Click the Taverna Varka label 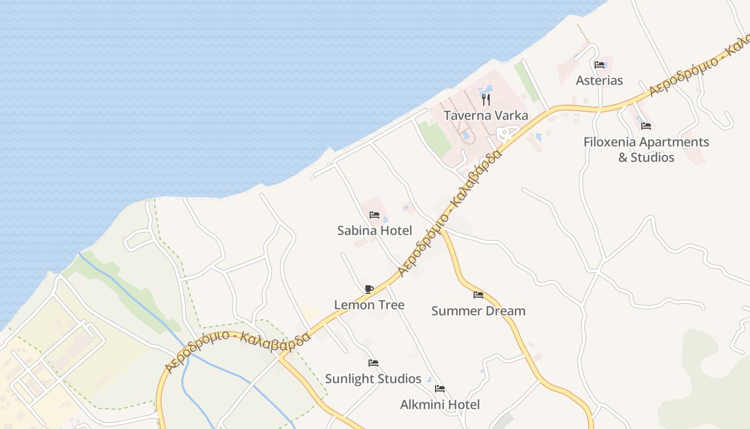(485, 115)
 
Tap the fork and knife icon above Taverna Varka (485, 99)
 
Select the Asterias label (599, 80)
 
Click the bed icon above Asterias (599, 65)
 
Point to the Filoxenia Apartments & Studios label (646, 150)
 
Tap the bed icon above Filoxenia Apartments (646, 126)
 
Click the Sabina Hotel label (374, 231)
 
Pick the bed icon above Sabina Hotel (374, 215)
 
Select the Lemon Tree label (369, 305)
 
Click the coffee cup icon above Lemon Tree (369, 289)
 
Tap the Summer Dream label (478, 310)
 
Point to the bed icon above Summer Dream (478, 295)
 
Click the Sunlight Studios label (373, 379)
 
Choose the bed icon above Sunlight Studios (373, 363)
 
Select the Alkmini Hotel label (440, 404)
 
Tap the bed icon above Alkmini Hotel (440, 389)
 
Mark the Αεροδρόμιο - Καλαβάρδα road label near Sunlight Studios (238, 350)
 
